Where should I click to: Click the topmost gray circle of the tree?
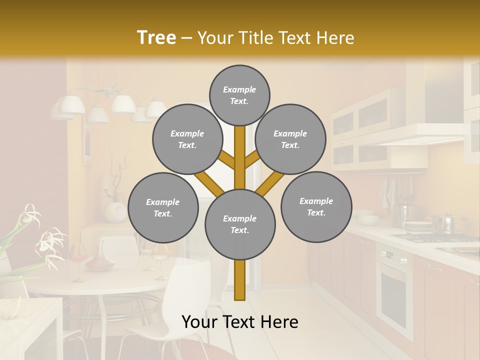pyautogui.click(x=239, y=95)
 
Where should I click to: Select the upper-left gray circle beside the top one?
pyautogui.click(x=187, y=139)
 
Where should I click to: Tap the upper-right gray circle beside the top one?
pyautogui.click(x=290, y=139)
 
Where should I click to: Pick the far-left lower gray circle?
pyautogui.click(x=163, y=207)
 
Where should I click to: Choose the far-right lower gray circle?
pyautogui.click(x=316, y=206)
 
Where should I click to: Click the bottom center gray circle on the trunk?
pyautogui.click(x=240, y=224)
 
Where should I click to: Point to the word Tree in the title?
pyautogui.click(x=156, y=37)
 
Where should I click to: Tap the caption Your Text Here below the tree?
pyautogui.click(x=240, y=322)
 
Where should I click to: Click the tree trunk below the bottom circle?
pyautogui.click(x=240, y=280)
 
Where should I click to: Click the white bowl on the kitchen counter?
pyautogui.click(x=368, y=219)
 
